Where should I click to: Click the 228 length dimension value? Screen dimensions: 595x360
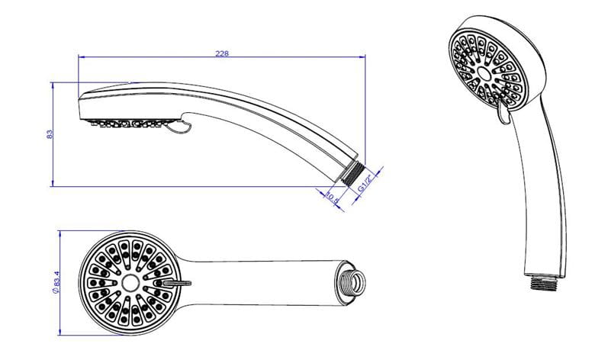click(x=222, y=53)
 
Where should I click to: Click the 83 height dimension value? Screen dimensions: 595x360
click(x=50, y=134)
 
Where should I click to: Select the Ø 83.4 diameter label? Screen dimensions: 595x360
click(x=57, y=282)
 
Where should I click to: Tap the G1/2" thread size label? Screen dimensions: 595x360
click(x=365, y=183)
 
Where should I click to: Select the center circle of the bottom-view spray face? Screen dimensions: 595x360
click(x=130, y=283)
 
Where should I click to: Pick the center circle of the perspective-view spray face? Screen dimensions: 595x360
click(x=484, y=72)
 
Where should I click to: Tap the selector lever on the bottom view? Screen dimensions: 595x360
click(x=178, y=283)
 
